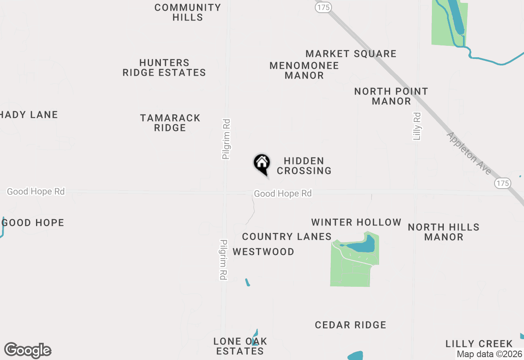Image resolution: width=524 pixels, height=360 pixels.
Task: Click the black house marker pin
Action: click(262, 164)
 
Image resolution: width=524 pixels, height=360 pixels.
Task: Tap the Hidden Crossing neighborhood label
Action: click(304, 166)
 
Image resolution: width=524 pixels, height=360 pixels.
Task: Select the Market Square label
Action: click(351, 54)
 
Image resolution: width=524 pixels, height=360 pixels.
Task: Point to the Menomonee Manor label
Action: click(304, 70)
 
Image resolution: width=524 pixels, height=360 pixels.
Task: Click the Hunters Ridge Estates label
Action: click(164, 67)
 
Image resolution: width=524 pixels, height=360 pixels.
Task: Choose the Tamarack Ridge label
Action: click(170, 123)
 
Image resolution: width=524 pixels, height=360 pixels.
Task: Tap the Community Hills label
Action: click(188, 12)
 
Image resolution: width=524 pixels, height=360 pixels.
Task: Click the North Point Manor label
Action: click(391, 96)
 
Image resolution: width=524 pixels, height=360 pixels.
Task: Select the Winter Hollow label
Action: click(356, 222)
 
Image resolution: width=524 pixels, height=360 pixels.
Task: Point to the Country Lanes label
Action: click(287, 236)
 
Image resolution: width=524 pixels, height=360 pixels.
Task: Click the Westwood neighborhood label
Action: click(263, 252)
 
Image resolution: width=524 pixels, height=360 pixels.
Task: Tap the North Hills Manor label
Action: click(444, 232)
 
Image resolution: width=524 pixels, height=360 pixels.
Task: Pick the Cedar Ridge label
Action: click(350, 325)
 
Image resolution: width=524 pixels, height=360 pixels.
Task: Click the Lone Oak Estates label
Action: click(240, 346)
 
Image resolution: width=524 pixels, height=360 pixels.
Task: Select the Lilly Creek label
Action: click(479, 344)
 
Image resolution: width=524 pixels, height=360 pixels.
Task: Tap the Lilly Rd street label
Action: click(417, 126)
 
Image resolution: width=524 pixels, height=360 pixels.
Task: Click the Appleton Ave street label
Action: click(469, 153)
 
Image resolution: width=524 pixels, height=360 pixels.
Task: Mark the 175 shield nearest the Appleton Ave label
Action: click(502, 183)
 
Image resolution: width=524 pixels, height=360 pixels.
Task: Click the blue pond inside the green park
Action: click(360, 246)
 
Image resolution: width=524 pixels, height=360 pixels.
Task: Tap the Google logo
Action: click(27, 351)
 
